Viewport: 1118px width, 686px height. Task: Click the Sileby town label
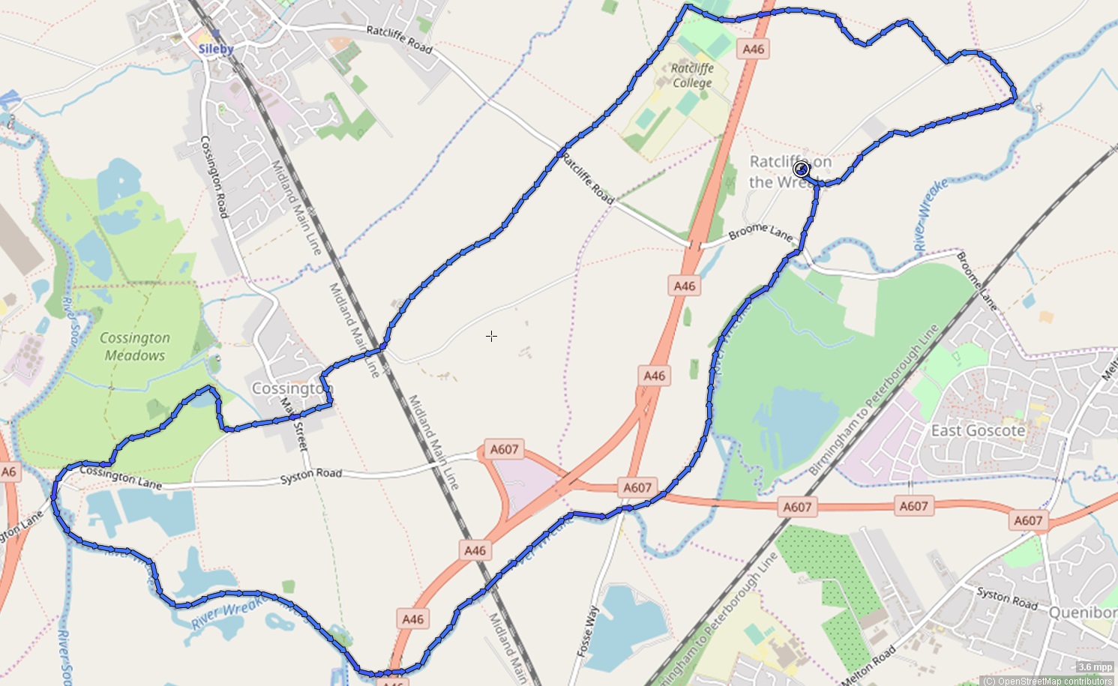pyautogui.click(x=216, y=49)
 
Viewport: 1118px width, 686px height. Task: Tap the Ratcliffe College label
pyautogui.click(x=691, y=75)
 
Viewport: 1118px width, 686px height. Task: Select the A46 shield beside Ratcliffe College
pyautogui.click(x=753, y=49)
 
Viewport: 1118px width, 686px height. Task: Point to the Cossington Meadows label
pyautogui.click(x=135, y=346)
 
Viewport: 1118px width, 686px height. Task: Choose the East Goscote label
pyautogui.click(x=978, y=430)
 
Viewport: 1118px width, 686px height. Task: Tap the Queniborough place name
pyautogui.click(x=1082, y=613)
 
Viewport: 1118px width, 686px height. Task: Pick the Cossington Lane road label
pyautogui.click(x=121, y=477)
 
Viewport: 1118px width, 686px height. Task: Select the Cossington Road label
pyautogui.click(x=214, y=177)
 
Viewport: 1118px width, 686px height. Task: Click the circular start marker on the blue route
pyautogui.click(x=801, y=169)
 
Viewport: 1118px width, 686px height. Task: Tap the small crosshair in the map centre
pyautogui.click(x=491, y=337)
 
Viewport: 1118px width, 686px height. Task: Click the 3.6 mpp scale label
pyautogui.click(x=1095, y=667)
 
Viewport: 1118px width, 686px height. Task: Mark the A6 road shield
pyautogui.click(x=8, y=472)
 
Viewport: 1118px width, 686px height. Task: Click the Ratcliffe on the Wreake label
pyautogui.click(x=790, y=172)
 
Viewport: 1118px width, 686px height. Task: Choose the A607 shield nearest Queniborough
pyautogui.click(x=1027, y=520)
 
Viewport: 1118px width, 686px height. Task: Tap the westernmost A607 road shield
pyautogui.click(x=504, y=449)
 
